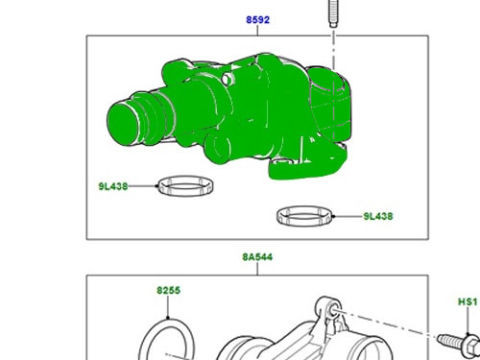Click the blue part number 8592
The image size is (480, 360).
(x=257, y=20)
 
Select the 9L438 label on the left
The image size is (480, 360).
(x=113, y=186)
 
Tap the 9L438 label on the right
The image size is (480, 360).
(x=378, y=216)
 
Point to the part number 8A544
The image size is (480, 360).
(x=257, y=257)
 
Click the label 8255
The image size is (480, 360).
(x=169, y=290)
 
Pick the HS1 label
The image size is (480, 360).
(x=468, y=301)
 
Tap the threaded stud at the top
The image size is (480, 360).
(x=333, y=13)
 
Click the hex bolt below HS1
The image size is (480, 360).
(x=458, y=341)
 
